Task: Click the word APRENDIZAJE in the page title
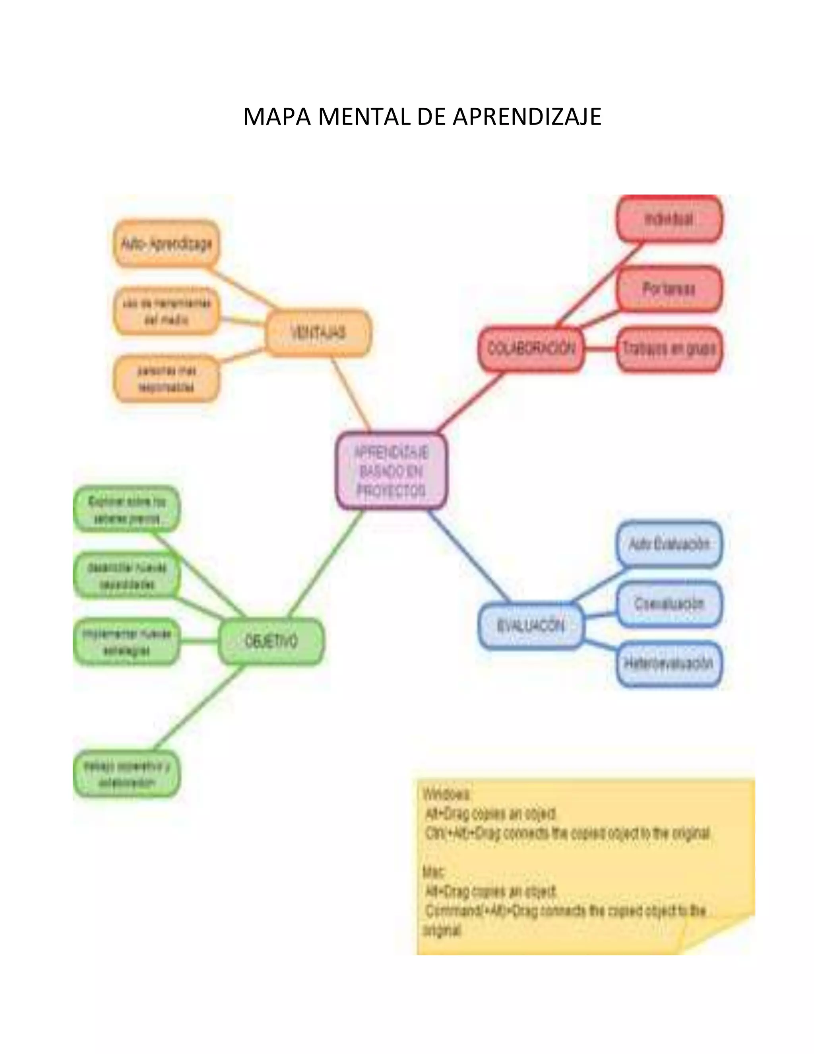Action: click(x=527, y=117)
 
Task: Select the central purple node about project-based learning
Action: click(x=391, y=471)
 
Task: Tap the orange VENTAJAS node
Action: click(x=318, y=333)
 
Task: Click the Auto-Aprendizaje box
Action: click(x=166, y=244)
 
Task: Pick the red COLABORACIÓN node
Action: click(x=531, y=349)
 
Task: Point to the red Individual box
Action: click(x=669, y=220)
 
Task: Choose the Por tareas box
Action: click(x=669, y=289)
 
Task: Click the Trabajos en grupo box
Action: click(x=669, y=349)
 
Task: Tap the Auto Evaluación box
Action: click(x=669, y=545)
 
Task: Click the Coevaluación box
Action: click(x=669, y=604)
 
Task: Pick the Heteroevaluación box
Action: click(x=669, y=664)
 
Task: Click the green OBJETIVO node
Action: click(x=271, y=642)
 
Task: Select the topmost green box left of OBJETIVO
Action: click(x=126, y=509)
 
